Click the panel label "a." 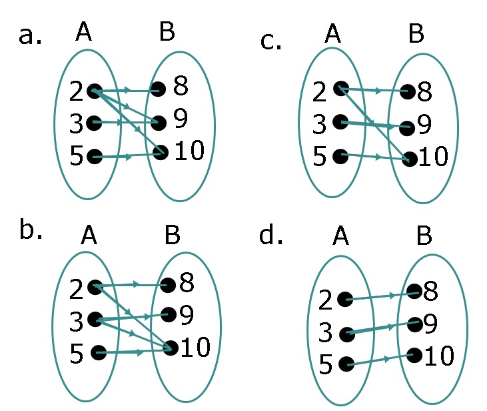click(x=30, y=35)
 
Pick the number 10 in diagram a click(x=189, y=151)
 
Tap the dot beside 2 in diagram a click(x=94, y=91)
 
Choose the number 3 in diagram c click(x=320, y=124)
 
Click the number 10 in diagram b click(x=195, y=346)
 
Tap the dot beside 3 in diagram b click(x=95, y=319)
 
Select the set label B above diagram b click(x=171, y=235)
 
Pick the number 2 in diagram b click(x=76, y=288)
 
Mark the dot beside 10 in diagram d click(x=414, y=355)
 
